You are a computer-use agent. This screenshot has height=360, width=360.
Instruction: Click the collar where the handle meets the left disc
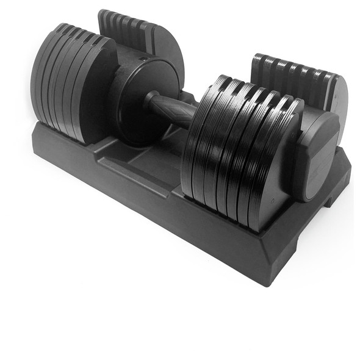151,101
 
